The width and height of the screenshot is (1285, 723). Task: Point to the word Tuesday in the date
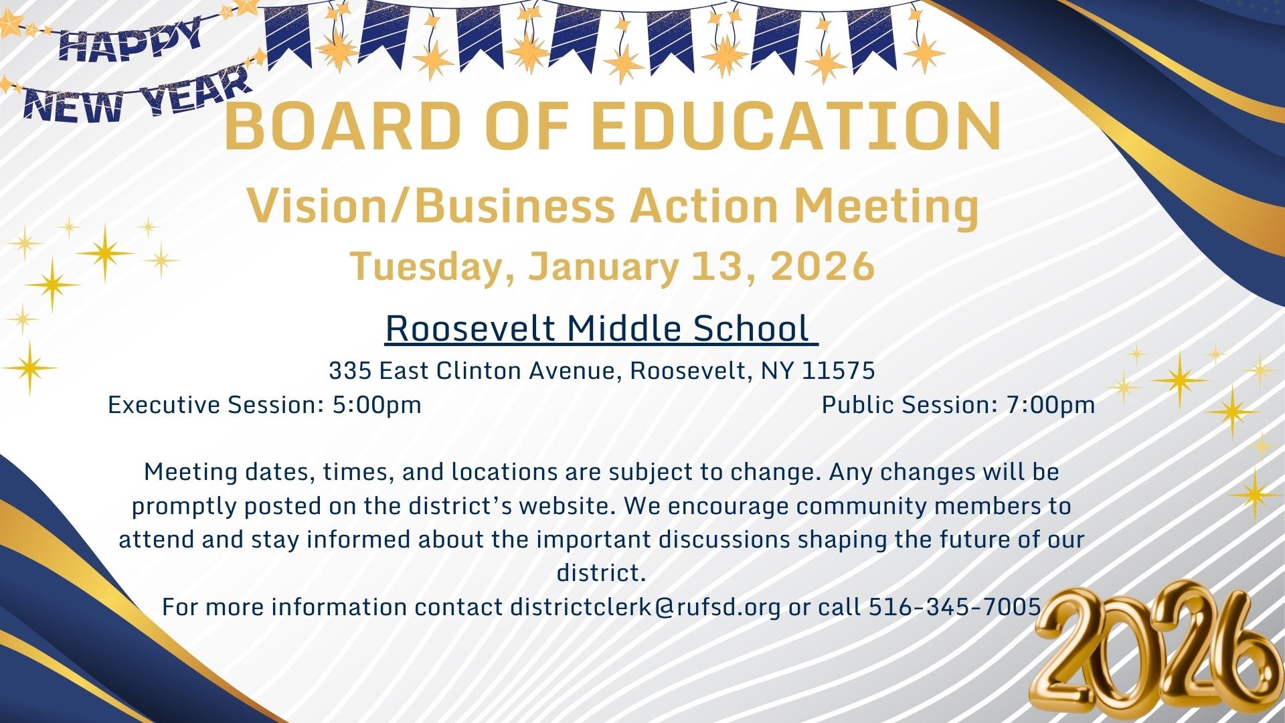(435, 267)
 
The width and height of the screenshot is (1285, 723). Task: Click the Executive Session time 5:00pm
(377, 405)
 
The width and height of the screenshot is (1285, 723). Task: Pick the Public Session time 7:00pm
(1051, 405)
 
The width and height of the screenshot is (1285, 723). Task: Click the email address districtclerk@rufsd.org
(645, 607)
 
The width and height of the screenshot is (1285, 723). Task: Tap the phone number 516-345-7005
(955, 607)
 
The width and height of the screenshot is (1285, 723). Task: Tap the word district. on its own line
(601, 573)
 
